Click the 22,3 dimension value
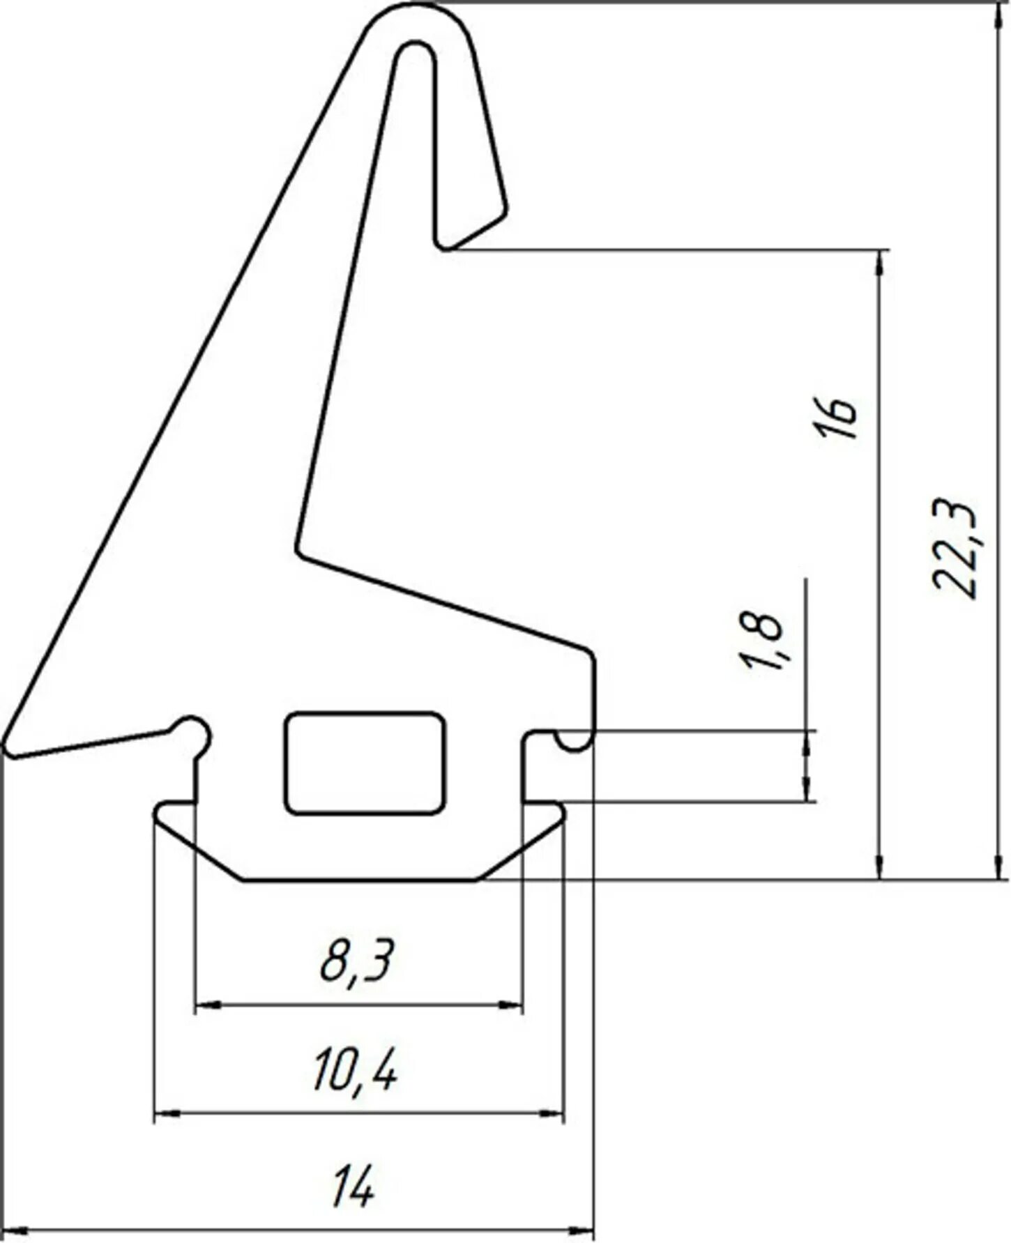coord(956,548)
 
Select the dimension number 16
coord(835,418)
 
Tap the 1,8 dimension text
coord(761,641)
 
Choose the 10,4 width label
coord(356,1071)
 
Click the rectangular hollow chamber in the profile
coord(365,763)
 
